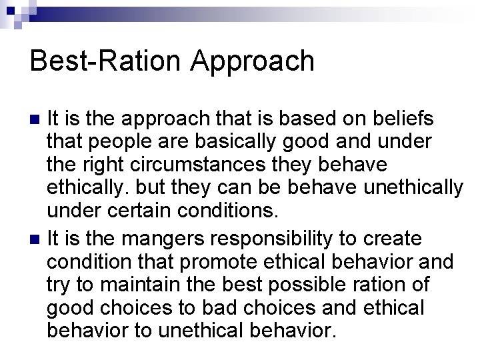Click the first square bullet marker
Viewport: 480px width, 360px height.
click(x=37, y=120)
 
